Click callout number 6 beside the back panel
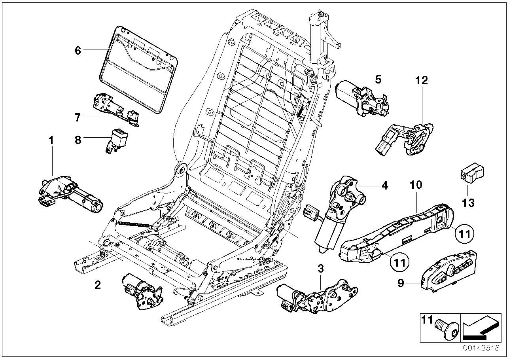point(78,51)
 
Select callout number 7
point(78,117)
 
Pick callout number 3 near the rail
point(320,269)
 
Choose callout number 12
point(422,81)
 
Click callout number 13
point(468,203)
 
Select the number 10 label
point(416,184)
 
